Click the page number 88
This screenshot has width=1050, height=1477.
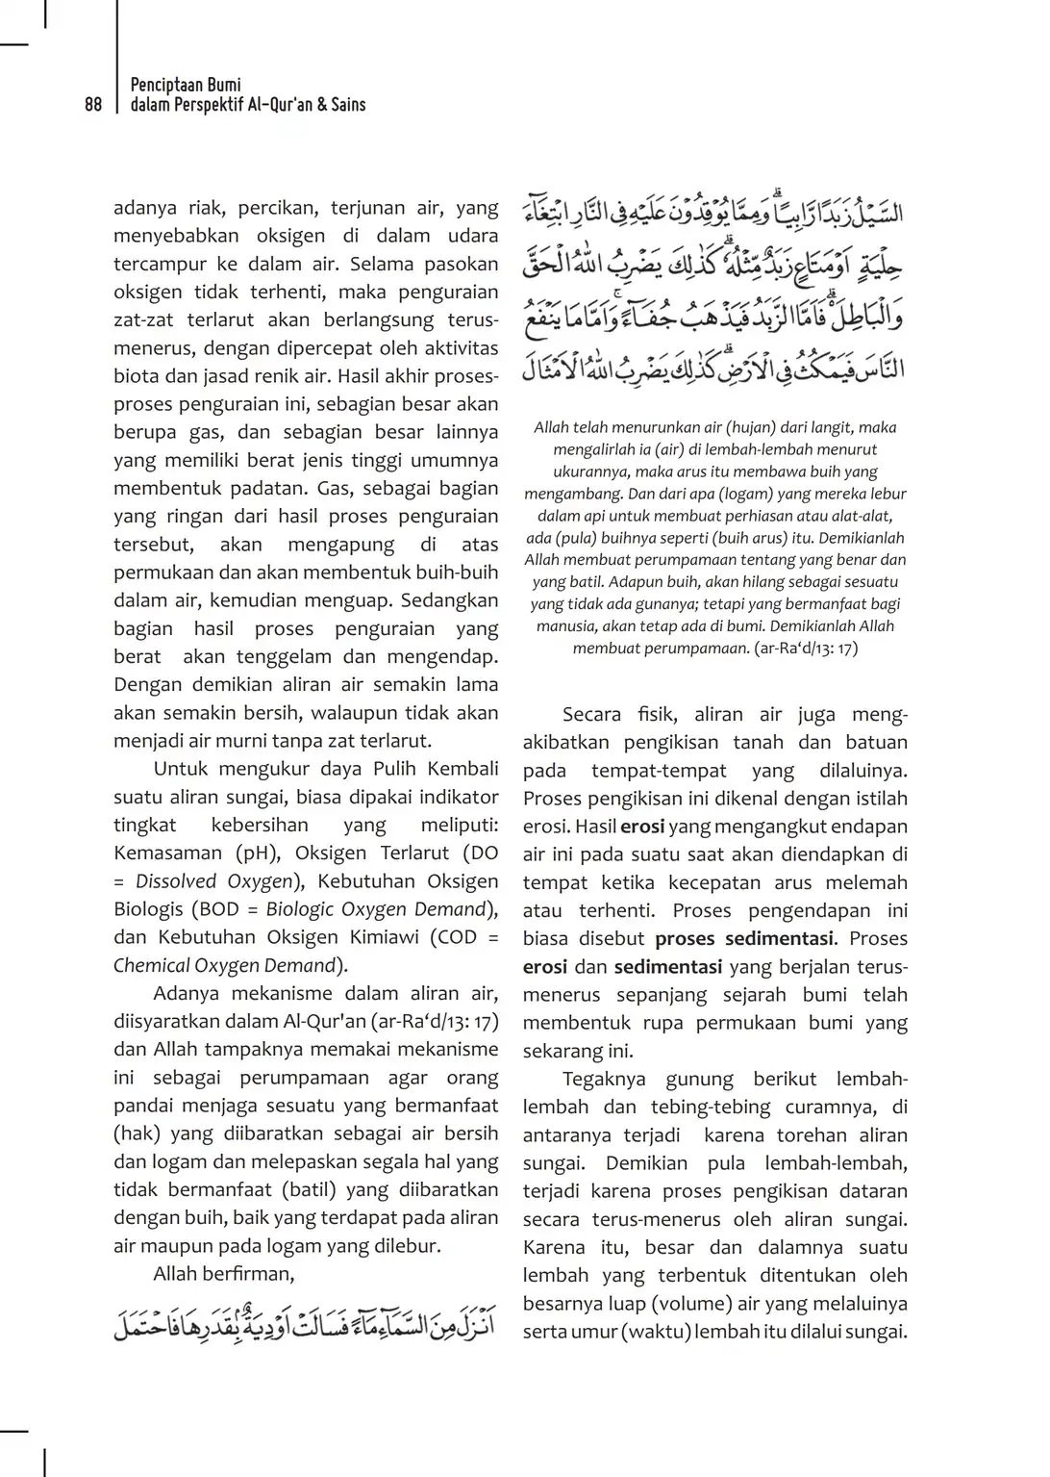coord(93,105)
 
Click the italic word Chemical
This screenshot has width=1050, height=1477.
coord(151,965)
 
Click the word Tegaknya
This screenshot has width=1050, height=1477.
coord(604,1080)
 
